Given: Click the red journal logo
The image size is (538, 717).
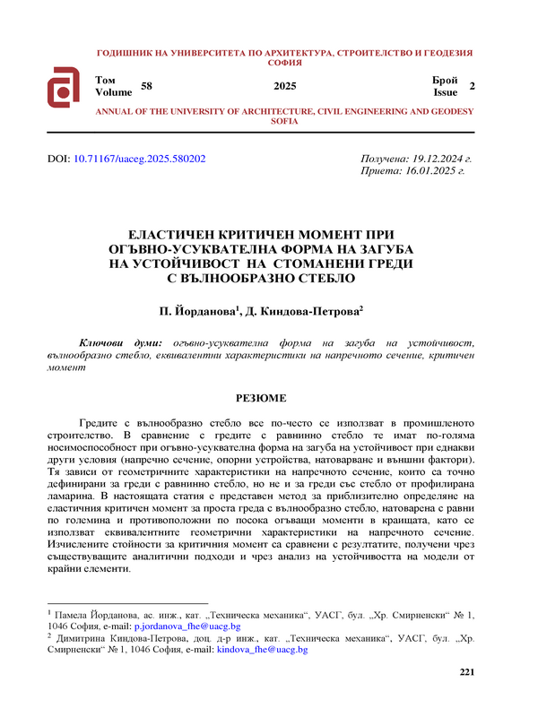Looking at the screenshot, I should [65, 87].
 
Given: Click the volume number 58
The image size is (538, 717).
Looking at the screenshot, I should [147, 86].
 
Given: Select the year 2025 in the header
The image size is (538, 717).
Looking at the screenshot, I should [284, 86].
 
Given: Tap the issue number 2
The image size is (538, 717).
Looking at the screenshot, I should [472, 86].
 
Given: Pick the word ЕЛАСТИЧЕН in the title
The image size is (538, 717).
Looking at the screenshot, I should [181, 231].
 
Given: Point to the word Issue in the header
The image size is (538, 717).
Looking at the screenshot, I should [445, 92].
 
